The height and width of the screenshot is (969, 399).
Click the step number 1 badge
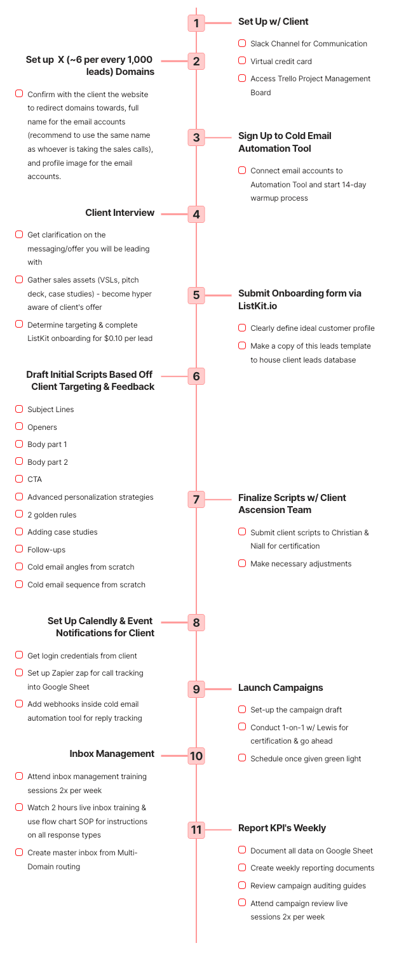(196, 23)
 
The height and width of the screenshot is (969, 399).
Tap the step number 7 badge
(196, 499)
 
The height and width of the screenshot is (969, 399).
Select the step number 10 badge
(196, 756)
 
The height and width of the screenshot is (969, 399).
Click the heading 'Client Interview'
(119, 213)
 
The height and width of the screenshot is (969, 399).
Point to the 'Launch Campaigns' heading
(280, 688)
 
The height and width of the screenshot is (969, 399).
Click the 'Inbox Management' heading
(112, 754)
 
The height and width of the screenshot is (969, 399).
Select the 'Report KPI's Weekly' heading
(281, 828)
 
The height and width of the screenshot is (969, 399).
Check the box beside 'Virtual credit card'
(242, 61)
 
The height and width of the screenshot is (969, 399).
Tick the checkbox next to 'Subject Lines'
(19, 409)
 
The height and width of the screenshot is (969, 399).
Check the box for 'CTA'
(19, 479)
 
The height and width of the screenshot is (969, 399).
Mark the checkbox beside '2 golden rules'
(19, 514)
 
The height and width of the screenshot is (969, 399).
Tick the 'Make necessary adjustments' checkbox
(242, 563)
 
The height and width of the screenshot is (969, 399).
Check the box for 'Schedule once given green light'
(242, 758)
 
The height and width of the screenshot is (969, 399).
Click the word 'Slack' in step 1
(260, 44)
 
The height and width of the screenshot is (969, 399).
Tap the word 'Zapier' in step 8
(63, 673)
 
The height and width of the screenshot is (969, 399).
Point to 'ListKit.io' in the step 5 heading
(257, 306)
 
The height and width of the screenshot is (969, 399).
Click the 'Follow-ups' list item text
(46, 550)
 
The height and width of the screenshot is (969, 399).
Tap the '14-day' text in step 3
(353, 185)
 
